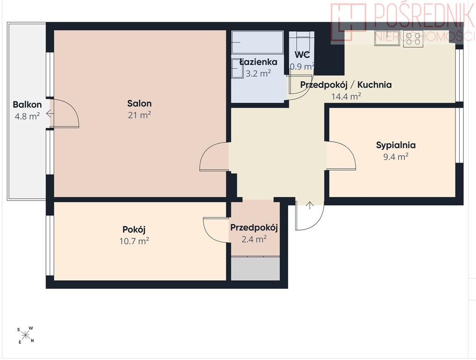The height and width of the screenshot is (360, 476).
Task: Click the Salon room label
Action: (x=139, y=104)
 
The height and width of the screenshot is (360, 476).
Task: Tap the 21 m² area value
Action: (x=139, y=115)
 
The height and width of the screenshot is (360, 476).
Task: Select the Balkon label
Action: (x=27, y=105)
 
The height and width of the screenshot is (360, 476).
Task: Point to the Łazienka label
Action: (x=258, y=62)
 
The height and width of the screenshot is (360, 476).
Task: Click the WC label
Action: (x=302, y=55)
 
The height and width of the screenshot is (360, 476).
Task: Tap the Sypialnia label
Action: (x=396, y=145)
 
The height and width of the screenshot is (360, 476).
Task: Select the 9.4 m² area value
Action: (x=396, y=157)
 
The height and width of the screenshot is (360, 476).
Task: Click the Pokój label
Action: (x=134, y=230)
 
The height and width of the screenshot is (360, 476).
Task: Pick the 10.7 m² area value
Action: (x=134, y=241)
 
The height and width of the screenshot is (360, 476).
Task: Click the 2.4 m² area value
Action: (x=254, y=240)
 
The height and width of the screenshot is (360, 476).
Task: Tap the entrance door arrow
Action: (x=310, y=205)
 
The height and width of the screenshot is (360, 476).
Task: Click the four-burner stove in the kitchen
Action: (x=413, y=39)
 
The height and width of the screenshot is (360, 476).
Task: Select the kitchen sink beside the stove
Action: (x=387, y=38)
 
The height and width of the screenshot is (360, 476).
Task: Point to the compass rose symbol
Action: (x=26, y=335)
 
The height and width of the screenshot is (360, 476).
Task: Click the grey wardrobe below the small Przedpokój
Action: (x=255, y=269)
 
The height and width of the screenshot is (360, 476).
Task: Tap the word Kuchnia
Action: (x=374, y=85)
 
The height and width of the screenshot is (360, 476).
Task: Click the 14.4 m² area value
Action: (x=346, y=97)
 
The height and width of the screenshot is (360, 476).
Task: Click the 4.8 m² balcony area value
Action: (x=27, y=116)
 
